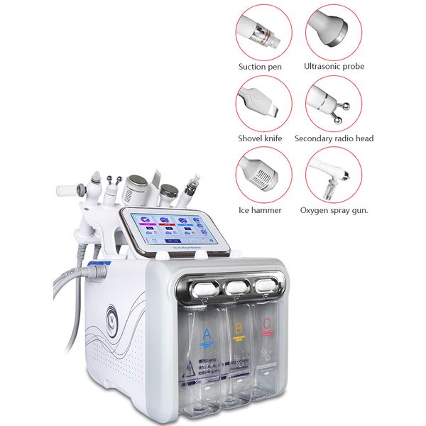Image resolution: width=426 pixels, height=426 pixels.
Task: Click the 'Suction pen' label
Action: click(259, 66)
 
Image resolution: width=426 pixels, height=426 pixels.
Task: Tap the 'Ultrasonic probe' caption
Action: click(334, 66)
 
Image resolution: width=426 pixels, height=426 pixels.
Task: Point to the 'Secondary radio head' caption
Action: click(334, 138)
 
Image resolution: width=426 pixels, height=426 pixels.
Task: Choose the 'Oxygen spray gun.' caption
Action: click(334, 210)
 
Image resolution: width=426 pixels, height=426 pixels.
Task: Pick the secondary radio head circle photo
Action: click(334, 104)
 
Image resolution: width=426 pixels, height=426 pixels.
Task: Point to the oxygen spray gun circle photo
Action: click(334, 175)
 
